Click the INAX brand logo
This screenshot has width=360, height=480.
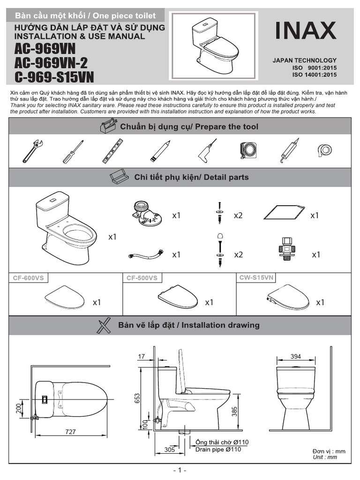305,31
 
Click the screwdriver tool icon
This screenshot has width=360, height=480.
74,151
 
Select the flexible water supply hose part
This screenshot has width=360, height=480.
145,255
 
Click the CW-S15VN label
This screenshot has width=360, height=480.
256,278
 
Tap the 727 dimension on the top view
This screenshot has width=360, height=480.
70,432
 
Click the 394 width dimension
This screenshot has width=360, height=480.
295,357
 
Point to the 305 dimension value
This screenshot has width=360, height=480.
170,449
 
